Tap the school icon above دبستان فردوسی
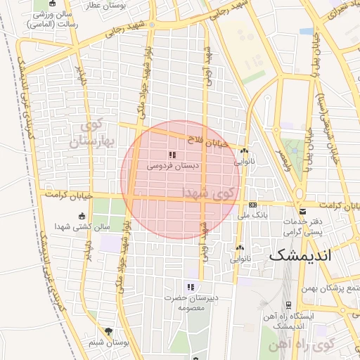click(172, 155)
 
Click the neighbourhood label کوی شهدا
click(211, 192)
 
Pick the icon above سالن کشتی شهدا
click(82, 216)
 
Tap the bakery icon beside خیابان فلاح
click(244, 151)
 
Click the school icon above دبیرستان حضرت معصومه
click(190, 286)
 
